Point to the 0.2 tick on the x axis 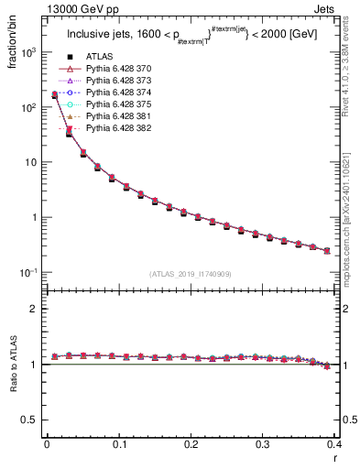[191, 446]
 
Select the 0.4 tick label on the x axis [334, 446]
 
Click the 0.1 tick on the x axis [118, 446]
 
